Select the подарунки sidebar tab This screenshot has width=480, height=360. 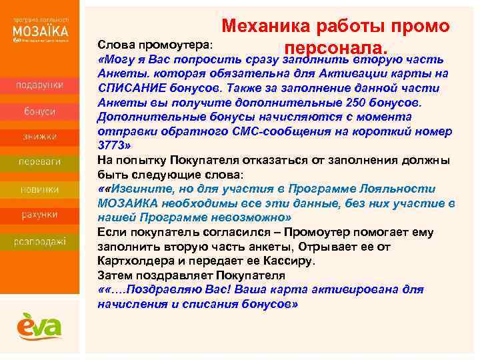click(41, 85)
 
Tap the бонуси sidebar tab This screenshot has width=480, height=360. click(41, 111)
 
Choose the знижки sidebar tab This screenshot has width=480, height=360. click(41, 137)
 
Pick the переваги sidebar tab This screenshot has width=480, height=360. click(41, 163)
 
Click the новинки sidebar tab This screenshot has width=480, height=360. click(41, 189)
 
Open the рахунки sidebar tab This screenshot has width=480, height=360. click(41, 215)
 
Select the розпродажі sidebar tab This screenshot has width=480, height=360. click(41, 241)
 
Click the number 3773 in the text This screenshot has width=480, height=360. click(111, 145)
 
